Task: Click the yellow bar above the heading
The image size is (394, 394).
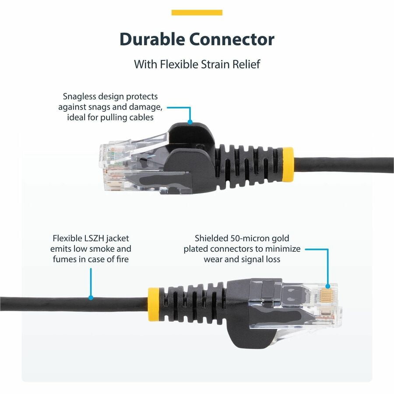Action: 197,13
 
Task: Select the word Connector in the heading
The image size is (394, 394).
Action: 232,39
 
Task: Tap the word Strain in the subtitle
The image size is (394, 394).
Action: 215,64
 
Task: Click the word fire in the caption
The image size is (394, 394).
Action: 123,259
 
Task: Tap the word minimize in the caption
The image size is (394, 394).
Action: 283,249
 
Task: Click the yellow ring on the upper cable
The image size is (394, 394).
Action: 288,165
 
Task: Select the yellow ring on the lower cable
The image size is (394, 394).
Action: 154,304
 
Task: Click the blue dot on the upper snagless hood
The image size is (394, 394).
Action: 190,122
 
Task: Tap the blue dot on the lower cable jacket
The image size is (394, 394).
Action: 91,298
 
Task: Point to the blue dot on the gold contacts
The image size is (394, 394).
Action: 327,286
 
